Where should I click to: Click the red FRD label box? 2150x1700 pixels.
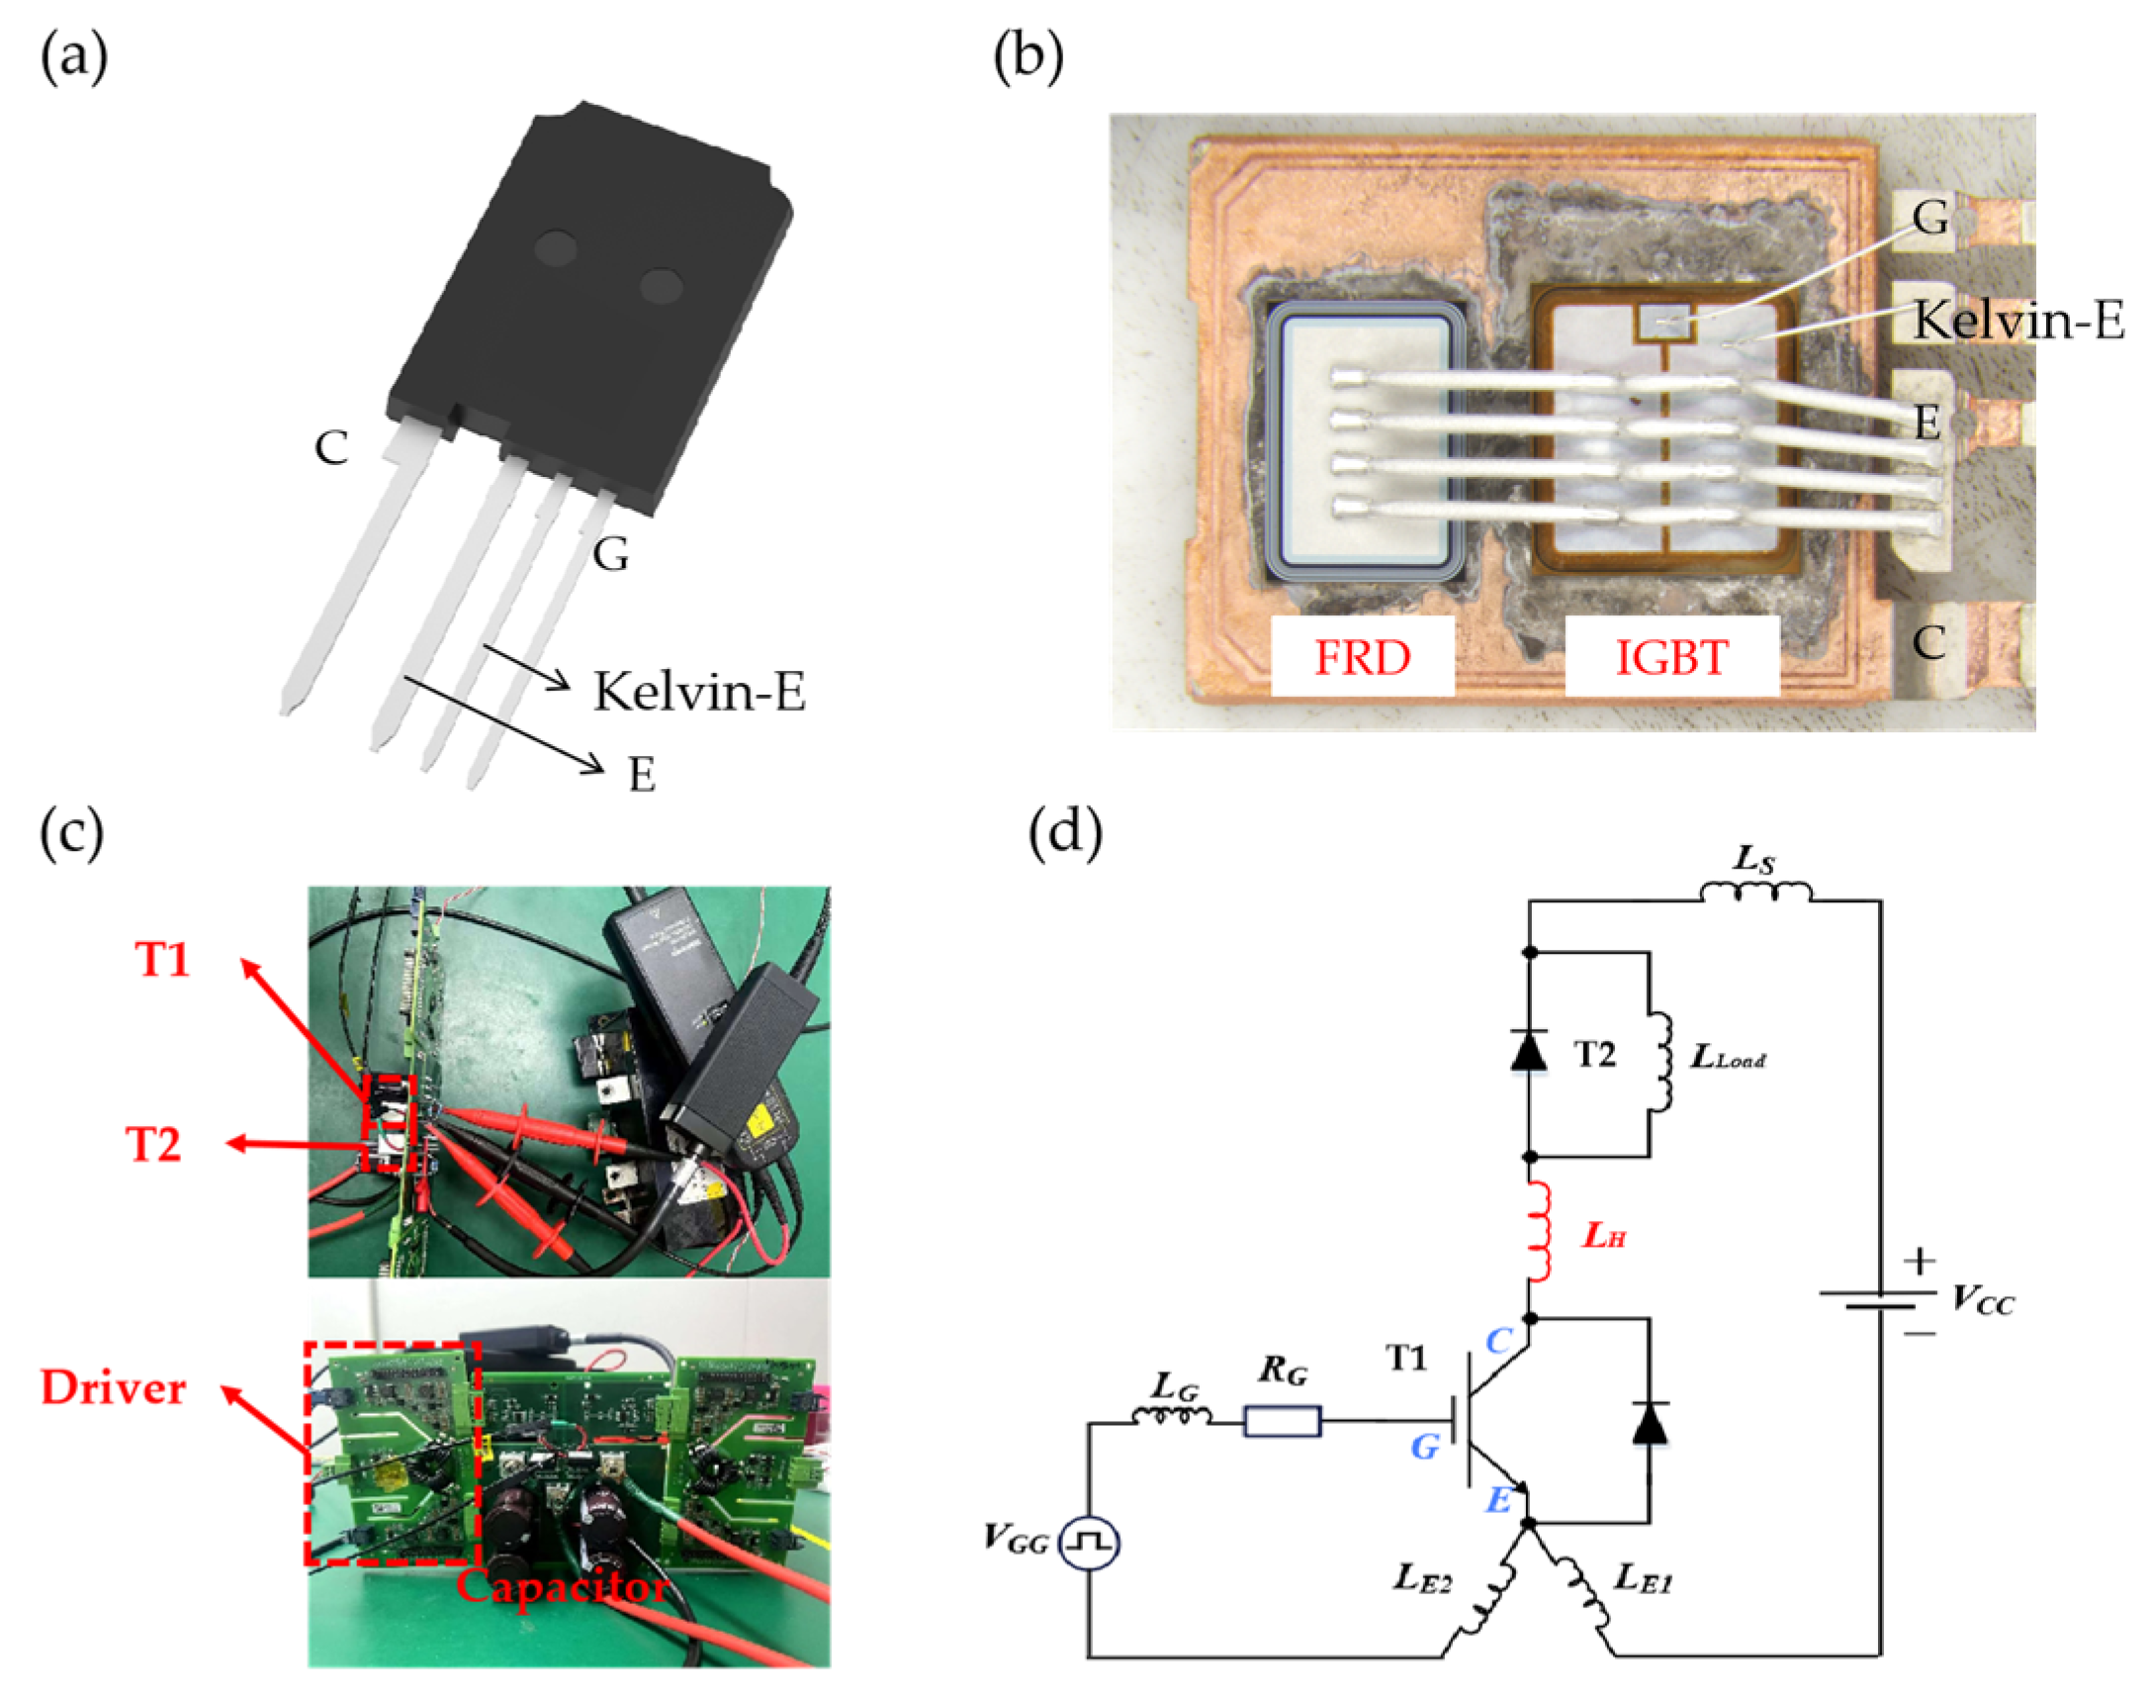(1361, 657)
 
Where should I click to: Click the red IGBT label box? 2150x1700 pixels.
(1670, 657)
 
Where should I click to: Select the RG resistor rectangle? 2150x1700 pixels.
(1283, 1420)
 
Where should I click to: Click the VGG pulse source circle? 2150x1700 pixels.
(1089, 1543)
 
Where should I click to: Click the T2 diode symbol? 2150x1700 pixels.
(1528, 1051)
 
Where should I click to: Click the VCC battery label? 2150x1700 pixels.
(1982, 1300)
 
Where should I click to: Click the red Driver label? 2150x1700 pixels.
(113, 1388)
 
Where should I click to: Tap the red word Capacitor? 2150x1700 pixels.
(562, 1585)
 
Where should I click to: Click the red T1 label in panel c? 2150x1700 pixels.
(162, 961)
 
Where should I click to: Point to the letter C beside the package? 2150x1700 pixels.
(331, 448)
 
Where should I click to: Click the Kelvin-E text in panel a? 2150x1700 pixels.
(698, 691)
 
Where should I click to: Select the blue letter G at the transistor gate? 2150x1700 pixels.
(1425, 1448)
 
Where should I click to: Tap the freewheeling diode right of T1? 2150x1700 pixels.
(1649, 1424)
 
